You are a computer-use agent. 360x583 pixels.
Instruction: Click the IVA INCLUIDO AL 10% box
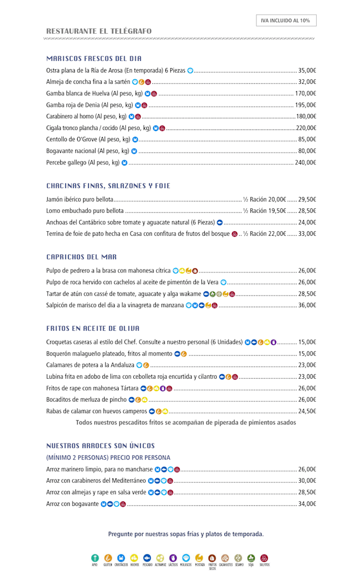tap(286, 20)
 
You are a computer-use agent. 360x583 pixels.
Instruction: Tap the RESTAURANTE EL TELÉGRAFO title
tap(99, 32)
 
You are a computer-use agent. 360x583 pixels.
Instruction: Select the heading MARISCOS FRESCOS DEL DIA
tap(94, 59)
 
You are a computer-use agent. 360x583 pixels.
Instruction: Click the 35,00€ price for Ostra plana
tap(307, 70)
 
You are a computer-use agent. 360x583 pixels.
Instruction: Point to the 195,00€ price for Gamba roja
tap(305, 105)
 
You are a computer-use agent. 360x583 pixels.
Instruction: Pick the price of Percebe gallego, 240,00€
tap(305, 163)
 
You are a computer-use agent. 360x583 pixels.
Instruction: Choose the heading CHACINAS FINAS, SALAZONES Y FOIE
tap(108, 186)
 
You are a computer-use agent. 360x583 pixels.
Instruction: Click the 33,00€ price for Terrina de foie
tap(307, 234)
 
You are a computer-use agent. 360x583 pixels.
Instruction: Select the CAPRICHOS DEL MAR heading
tap(82, 257)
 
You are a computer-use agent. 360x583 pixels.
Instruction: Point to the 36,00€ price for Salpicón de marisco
tap(307, 306)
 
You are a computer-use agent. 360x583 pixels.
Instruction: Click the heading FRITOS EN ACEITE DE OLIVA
tap(93, 328)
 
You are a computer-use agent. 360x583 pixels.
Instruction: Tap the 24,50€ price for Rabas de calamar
tap(307, 411)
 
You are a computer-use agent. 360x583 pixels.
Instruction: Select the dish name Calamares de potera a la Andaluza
tap(90, 365)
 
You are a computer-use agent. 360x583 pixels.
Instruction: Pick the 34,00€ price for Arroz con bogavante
tap(307, 504)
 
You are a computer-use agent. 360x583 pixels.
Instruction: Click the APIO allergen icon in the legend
tap(95, 558)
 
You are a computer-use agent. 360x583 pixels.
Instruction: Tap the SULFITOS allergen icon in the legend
tap(264, 558)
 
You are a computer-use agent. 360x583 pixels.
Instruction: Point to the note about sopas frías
tap(186, 534)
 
